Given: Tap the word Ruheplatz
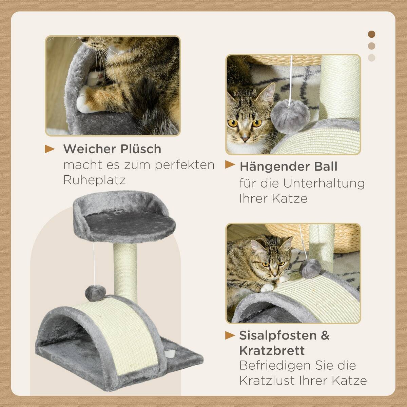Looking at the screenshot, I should click(x=94, y=180).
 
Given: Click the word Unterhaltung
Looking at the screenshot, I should click(x=324, y=183).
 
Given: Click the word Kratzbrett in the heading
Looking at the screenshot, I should click(x=272, y=350).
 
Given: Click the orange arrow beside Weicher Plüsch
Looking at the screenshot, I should click(x=50, y=149).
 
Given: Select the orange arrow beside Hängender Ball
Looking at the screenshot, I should click(x=230, y=165).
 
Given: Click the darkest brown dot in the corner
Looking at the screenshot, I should click(x=372, y=34).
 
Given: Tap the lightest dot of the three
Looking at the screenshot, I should click(x=372, y=58).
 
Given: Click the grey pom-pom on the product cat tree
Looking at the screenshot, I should click(x=92, y=291).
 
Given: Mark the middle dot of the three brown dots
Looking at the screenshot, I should click(x=372, y=46).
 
